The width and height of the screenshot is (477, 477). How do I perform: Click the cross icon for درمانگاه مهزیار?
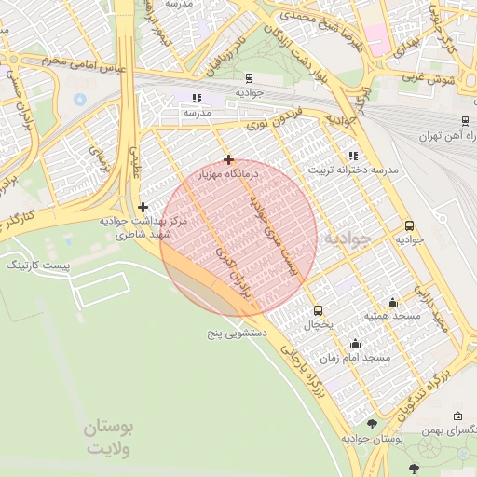(x=228, y=159)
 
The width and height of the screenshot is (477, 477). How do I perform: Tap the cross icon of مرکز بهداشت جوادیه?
(x=143, y=207)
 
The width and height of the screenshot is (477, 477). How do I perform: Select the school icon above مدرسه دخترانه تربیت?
(x=352, y=156)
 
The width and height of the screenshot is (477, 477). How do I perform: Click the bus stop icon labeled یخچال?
(x=319, y=310)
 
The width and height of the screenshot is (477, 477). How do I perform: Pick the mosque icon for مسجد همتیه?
(x=391, y=302)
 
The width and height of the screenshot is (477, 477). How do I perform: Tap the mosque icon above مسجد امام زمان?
(x=355, y=344)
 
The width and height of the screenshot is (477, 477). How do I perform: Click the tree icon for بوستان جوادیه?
(x=372, y=424)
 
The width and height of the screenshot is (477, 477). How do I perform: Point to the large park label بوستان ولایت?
(x=110, y=438)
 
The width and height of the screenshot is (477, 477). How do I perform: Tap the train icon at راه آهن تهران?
(x=465, y=120)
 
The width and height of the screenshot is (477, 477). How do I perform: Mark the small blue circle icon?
(x=79, y=98)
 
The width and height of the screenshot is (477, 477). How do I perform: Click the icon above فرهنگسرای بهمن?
(x=457, y=416)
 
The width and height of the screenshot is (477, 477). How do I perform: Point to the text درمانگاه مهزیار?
(x=229, y=174)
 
